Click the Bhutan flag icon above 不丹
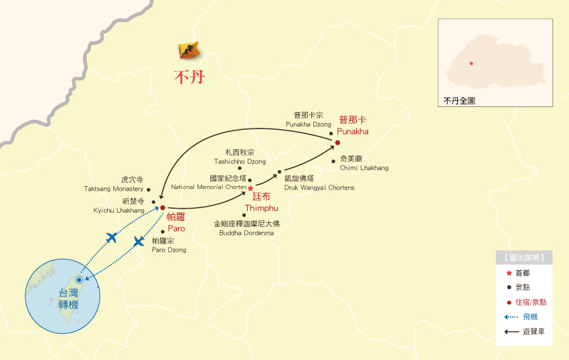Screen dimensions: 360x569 [190, 51]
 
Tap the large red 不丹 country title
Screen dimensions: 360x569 [189, 77]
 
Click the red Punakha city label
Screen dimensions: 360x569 [353, 126]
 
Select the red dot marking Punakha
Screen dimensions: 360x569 [337, 143]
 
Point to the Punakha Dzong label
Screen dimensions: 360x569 [309, 120]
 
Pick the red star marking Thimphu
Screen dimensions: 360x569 [250, 189]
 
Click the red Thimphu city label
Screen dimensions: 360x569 [257, 202]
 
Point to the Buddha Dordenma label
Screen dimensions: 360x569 [246, 228]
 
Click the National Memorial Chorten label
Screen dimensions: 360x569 [209, 183]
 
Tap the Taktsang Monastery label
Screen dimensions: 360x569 [114, 185]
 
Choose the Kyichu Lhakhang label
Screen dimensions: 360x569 [118, 205]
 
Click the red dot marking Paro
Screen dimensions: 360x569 [163, 207]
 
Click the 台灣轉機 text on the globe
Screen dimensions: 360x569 [68, 298]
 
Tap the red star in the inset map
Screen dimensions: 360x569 [471, 64]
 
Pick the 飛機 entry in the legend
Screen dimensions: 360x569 [530, 317]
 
